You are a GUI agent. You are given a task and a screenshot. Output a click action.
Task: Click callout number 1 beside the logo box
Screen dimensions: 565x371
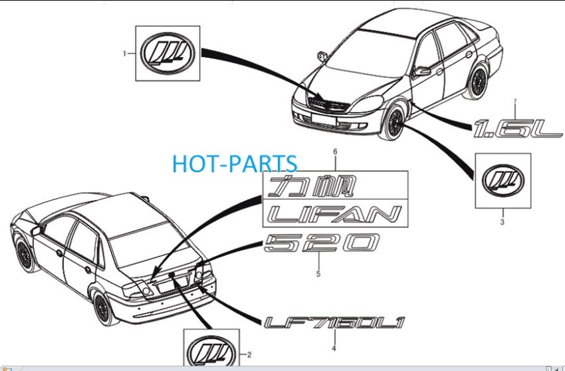[125, 54]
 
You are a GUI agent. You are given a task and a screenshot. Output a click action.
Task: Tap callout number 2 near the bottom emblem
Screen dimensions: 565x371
[249, 355]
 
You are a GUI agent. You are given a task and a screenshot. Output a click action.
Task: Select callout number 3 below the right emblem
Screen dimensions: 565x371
[503, 222]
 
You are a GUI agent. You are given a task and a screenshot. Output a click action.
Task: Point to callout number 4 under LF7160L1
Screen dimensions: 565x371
[334, 348]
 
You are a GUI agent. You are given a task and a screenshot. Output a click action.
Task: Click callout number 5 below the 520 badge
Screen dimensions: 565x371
[318, 274]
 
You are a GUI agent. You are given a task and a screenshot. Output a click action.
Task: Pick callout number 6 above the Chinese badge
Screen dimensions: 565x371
[335, 152]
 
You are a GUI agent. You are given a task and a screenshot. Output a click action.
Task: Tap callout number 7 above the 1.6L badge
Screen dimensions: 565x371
[515, 102]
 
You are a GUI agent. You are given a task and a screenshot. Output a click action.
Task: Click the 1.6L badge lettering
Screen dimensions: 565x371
[518, 129]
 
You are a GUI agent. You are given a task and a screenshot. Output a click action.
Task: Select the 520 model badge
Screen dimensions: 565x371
[322, 243]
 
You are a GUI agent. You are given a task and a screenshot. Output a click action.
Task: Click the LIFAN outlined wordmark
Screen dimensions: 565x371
[335, 214]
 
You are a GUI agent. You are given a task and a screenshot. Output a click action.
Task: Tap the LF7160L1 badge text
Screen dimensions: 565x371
[335, 322]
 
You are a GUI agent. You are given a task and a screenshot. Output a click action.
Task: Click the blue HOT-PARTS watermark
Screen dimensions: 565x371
[235, 164]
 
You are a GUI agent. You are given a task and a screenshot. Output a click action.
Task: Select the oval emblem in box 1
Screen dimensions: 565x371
[168, 53]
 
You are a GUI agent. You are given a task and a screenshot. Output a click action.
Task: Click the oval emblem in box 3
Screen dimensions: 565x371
[503, 181]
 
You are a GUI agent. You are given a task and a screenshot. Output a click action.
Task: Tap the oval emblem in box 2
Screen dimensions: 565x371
[211, 353]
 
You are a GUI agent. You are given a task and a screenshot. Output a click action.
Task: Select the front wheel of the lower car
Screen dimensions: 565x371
[25, 254]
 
